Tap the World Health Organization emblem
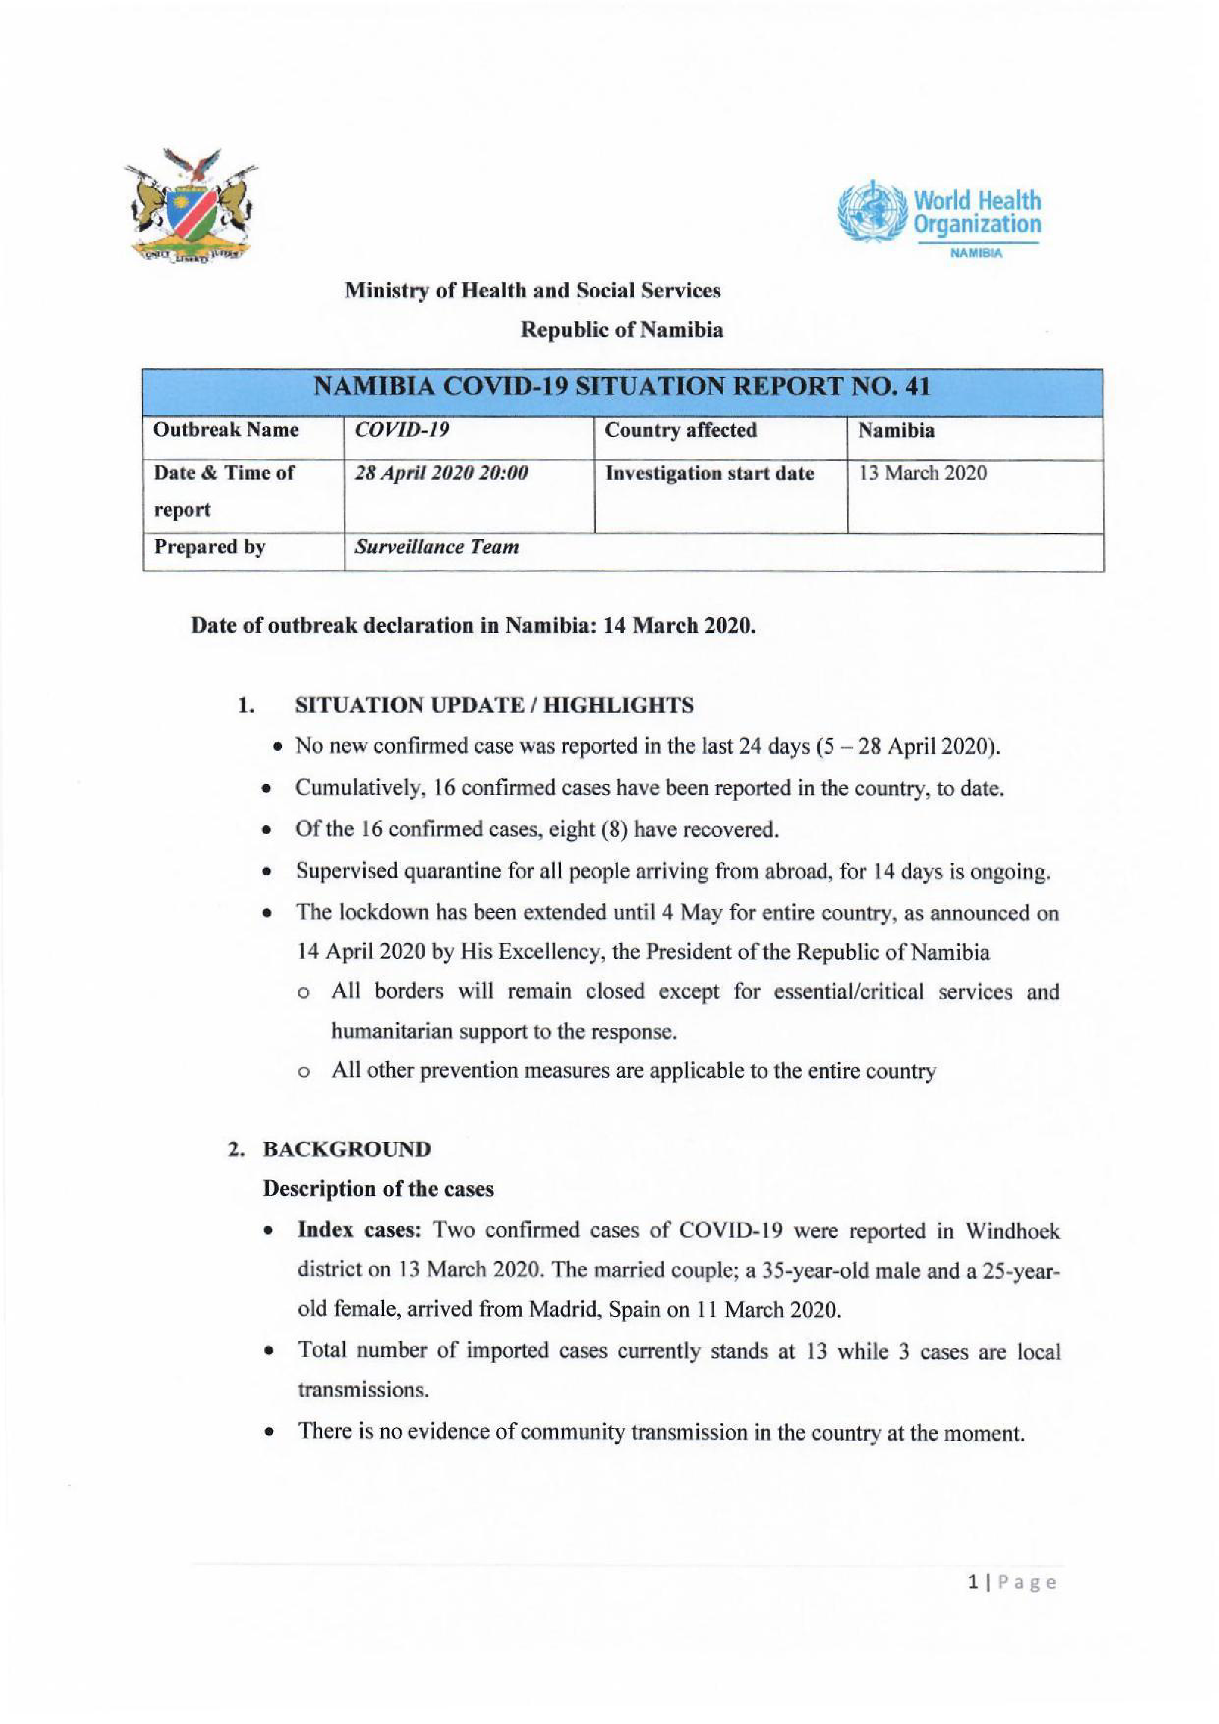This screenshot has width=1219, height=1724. [872, 209]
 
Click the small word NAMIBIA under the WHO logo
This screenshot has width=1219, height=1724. [976, 254]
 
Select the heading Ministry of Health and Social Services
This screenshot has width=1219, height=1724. [532, 291]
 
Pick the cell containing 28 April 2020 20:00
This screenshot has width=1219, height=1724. [441, 474]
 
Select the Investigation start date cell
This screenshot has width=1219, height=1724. [709, 474]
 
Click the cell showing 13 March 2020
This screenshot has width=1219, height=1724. [922, 474]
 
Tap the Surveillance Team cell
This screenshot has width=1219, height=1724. [437, 547]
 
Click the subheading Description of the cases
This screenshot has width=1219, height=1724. [378, 1190]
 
